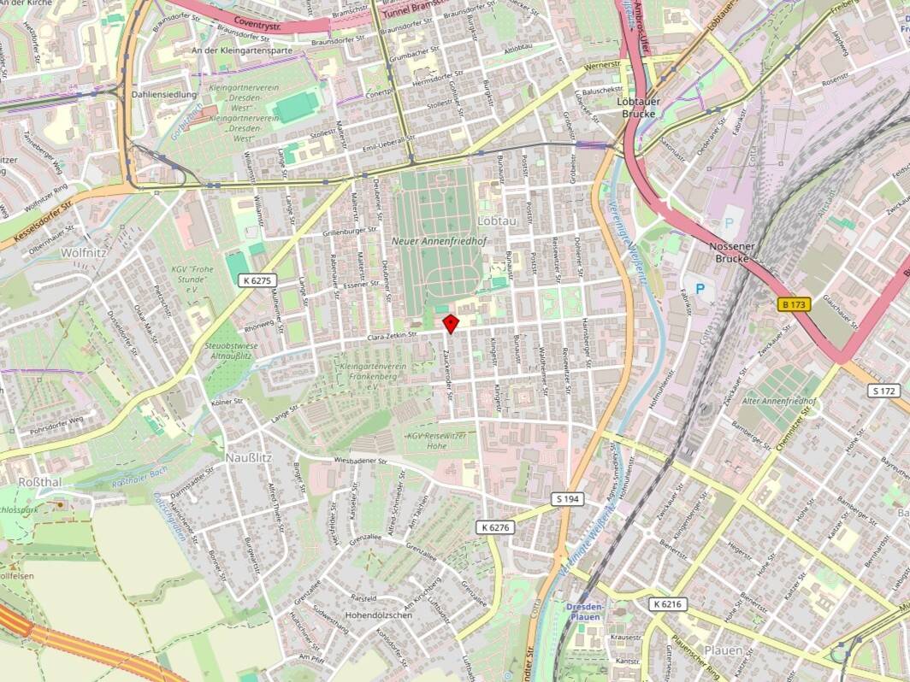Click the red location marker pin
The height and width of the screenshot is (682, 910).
451,323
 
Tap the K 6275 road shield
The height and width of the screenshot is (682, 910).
257,279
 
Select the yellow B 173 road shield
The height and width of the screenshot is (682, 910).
795,303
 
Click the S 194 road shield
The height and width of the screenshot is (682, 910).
567,498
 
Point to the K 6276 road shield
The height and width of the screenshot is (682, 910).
495,527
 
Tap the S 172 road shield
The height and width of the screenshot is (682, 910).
884,391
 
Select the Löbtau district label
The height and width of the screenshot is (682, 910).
497,220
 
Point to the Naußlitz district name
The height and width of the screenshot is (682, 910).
248,457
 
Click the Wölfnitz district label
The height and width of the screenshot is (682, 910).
83,252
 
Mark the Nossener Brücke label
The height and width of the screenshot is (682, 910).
730,252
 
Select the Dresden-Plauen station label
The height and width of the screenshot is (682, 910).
585,611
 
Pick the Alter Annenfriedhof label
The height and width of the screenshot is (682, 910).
779,401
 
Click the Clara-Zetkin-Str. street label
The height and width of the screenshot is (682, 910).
391,336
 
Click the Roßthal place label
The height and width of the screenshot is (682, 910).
39,482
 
